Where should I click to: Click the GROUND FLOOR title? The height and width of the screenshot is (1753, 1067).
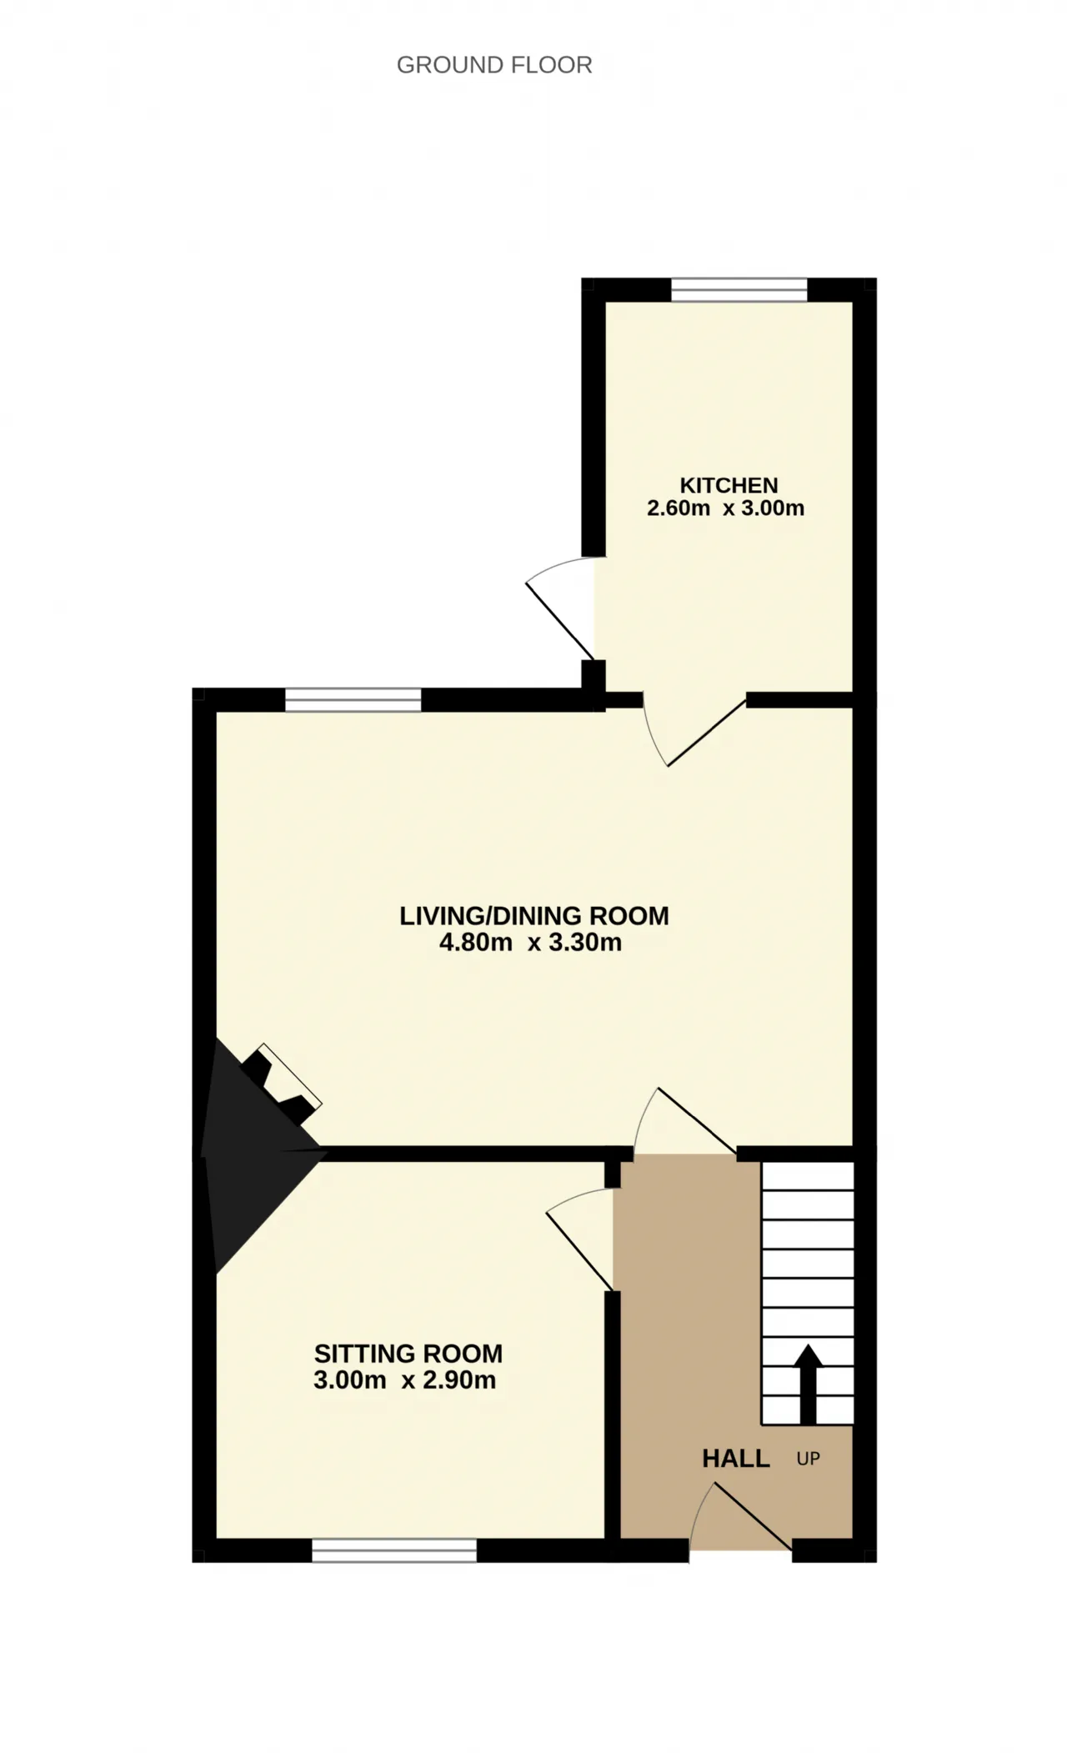[x=494, y=65]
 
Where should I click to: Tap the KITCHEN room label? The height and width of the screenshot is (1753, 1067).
[x=729, y=485]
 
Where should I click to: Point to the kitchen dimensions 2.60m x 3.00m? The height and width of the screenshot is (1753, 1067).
[x=726, y=508]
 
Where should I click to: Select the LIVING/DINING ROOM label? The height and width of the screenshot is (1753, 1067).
[x=534, y=916]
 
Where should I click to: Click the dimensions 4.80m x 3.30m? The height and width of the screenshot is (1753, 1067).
[x=531, y=943]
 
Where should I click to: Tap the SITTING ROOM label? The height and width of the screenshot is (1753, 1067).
[x=408, y=1353]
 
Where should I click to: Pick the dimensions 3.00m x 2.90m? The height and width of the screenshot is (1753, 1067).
[x=405, y=1380]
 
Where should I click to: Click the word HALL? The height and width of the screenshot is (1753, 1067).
[x=736, y=1458]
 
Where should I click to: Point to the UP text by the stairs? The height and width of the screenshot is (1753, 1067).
[x=809, y=1459]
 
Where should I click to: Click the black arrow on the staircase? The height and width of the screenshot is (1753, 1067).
[x=808, y=1383]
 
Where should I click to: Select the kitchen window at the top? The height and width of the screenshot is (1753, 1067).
[x=739, y=289]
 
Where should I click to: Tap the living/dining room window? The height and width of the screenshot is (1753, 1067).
[x=353, y=700]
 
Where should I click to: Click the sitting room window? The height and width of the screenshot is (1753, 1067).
[x=394, y=1550]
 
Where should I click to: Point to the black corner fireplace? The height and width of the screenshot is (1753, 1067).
[x=254, y=1154]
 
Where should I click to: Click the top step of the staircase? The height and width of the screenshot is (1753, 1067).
[x=808, y=1177]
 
